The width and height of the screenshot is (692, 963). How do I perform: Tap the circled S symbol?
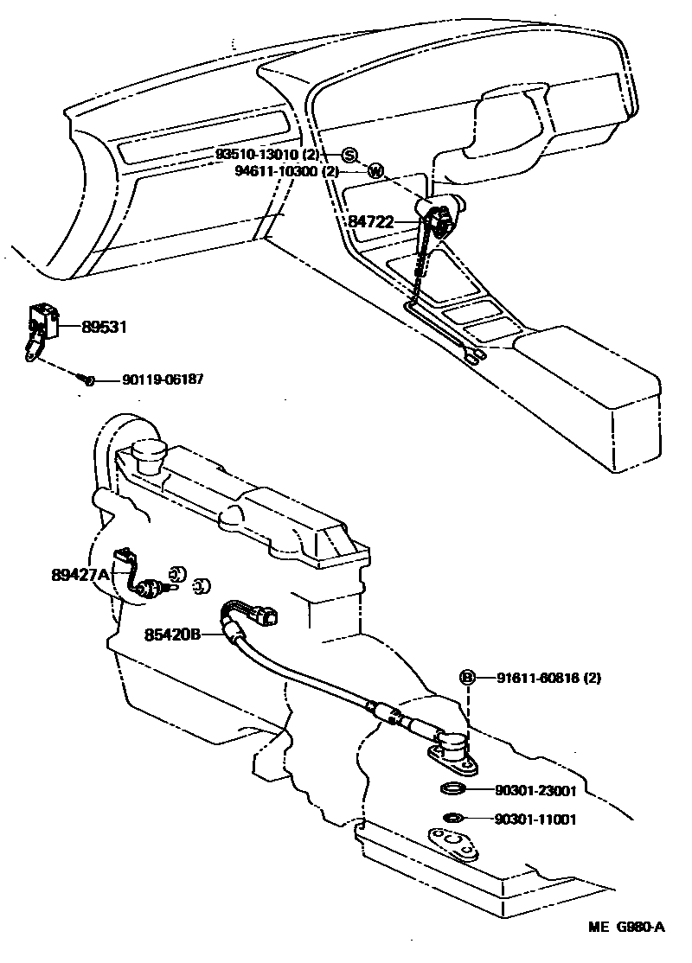point(350,155)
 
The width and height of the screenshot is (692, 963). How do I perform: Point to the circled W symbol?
point(375,171)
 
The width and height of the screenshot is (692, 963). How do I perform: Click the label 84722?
point(371,222)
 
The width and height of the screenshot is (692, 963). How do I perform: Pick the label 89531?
point(105,327)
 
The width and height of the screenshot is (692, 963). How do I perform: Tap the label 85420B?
point(171,635)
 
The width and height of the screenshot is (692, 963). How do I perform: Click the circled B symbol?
point(467,678)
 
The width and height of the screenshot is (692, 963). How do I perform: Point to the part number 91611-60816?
point(548,678)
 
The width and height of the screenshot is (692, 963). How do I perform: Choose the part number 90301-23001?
point(535,790)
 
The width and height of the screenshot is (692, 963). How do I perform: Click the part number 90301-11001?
point(535,819)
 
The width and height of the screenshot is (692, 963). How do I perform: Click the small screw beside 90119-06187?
point(88,379)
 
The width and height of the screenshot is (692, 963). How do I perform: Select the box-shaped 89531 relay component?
point(44,320)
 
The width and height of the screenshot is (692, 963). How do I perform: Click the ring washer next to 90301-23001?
point(455,790)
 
